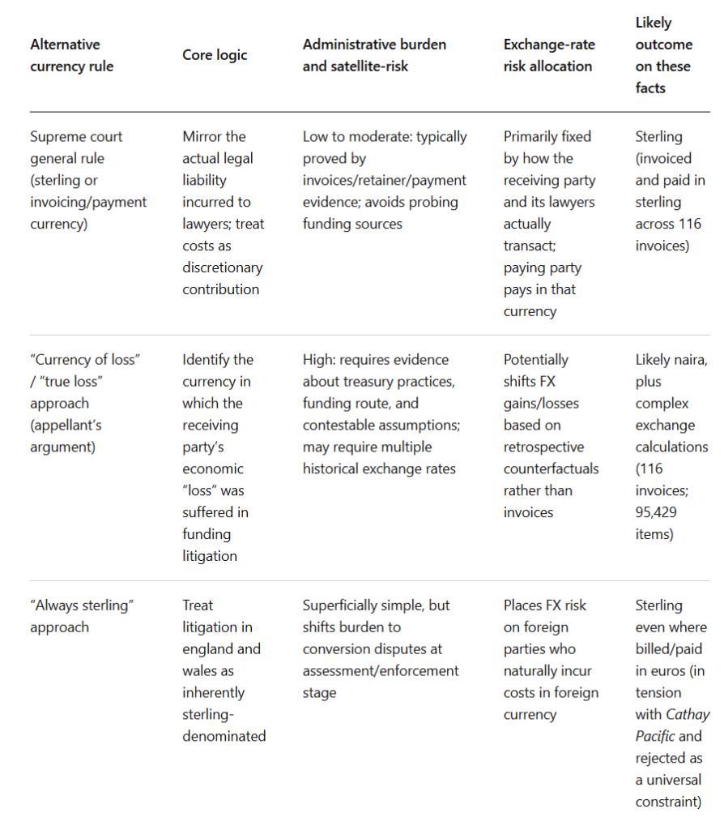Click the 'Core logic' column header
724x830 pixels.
point(215,55)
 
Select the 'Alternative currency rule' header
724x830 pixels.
point(71,55)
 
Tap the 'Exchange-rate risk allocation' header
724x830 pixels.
point(547,55)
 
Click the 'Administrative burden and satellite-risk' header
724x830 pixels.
point(374,55)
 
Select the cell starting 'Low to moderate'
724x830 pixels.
point(385,180)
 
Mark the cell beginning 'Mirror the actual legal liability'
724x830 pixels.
point(223,212)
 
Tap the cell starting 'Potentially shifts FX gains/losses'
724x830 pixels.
point(551,435)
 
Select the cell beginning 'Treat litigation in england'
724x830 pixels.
point(223,670)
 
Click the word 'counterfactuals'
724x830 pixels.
point(552,468)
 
